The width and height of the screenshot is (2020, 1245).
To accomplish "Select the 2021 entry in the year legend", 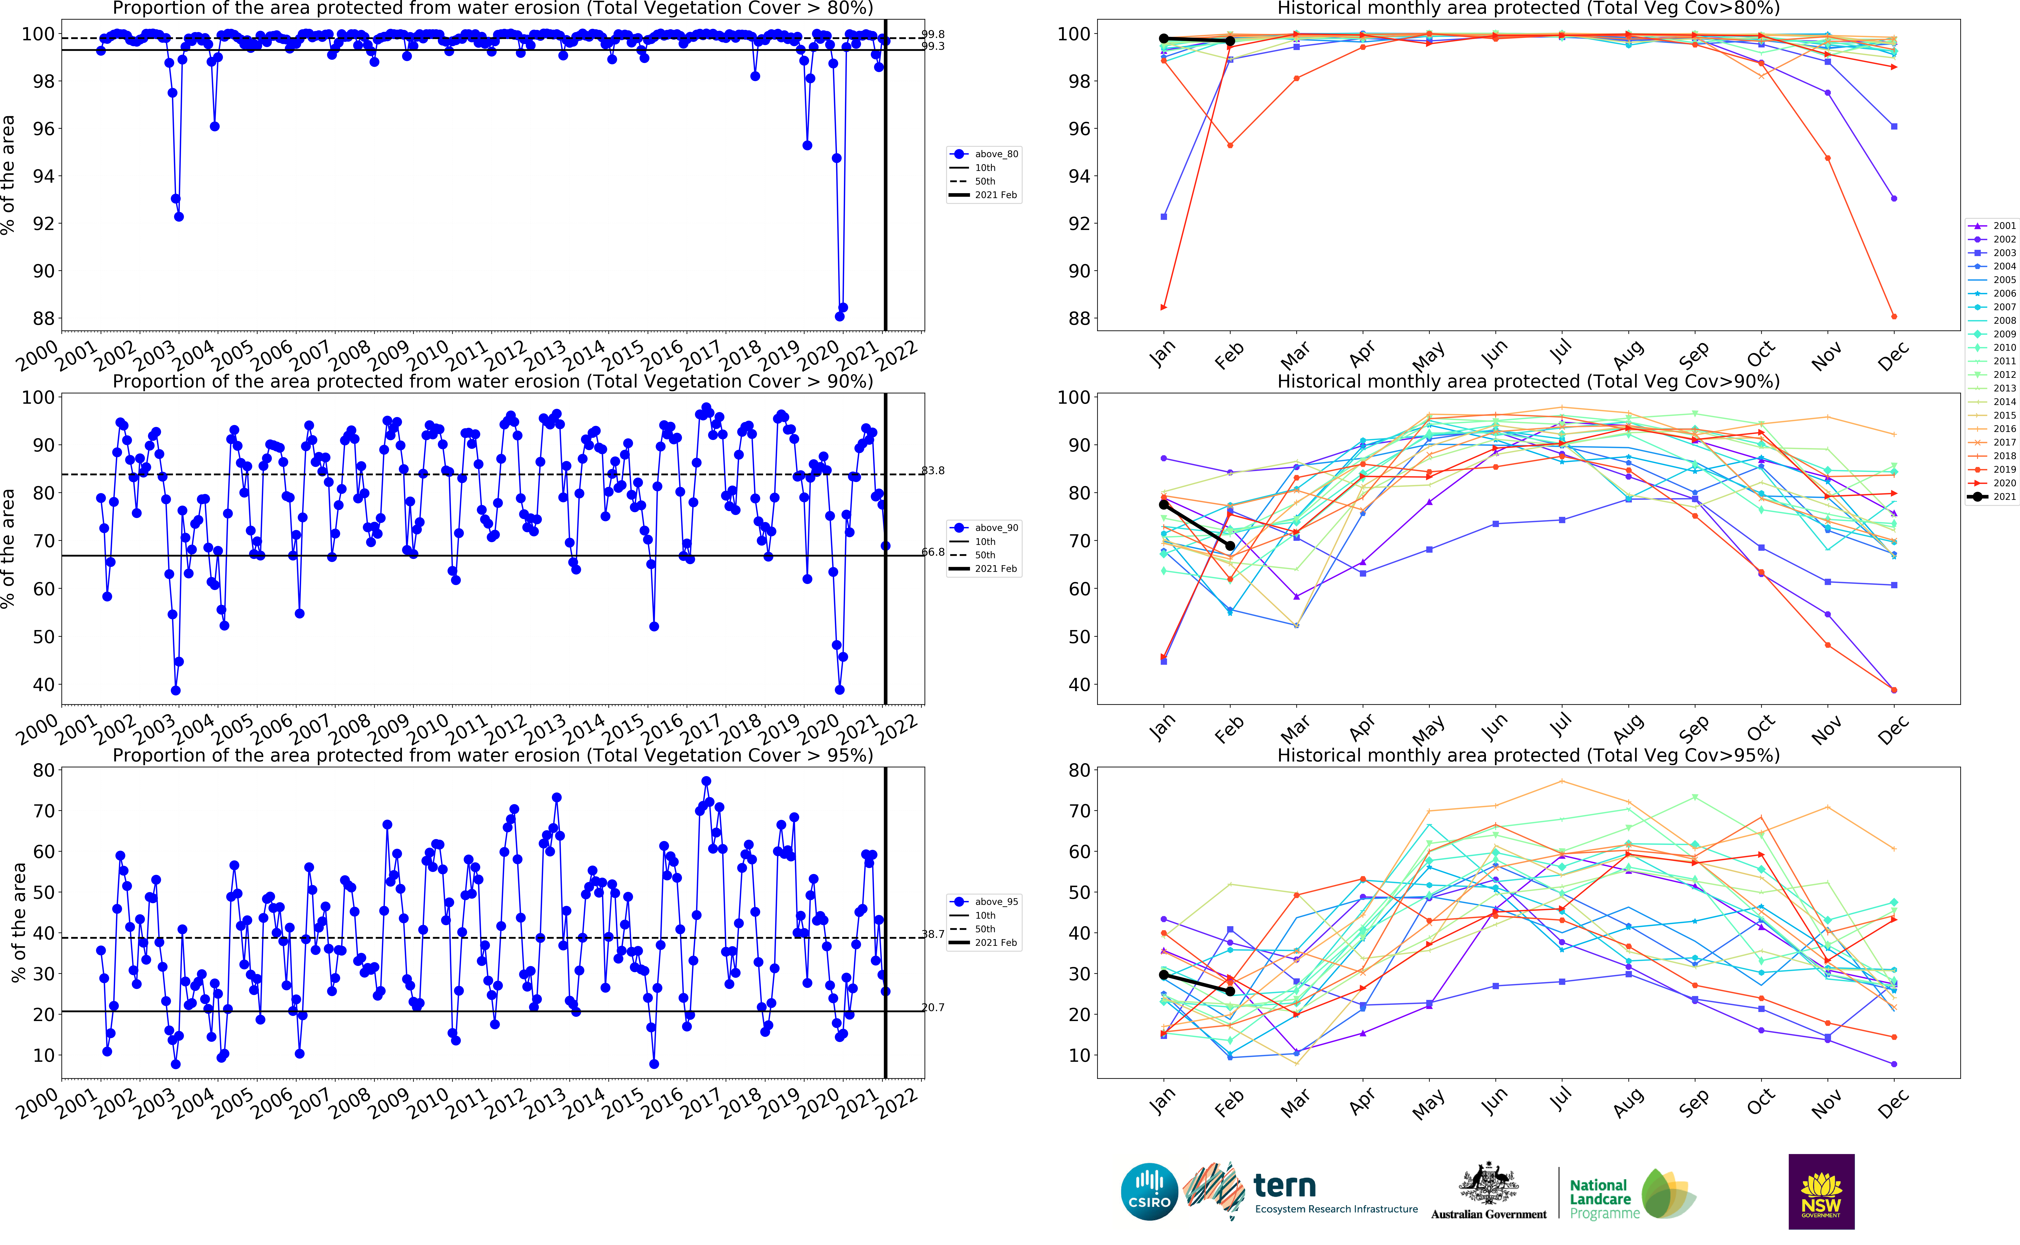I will [1992, 497].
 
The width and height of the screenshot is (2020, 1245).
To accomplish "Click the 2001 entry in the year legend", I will [1992, 226].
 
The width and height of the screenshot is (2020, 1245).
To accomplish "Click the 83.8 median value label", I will [933, 471].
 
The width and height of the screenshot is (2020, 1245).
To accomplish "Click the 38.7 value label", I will [933, 935].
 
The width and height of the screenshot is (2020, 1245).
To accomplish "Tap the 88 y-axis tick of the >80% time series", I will [43, 319].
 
